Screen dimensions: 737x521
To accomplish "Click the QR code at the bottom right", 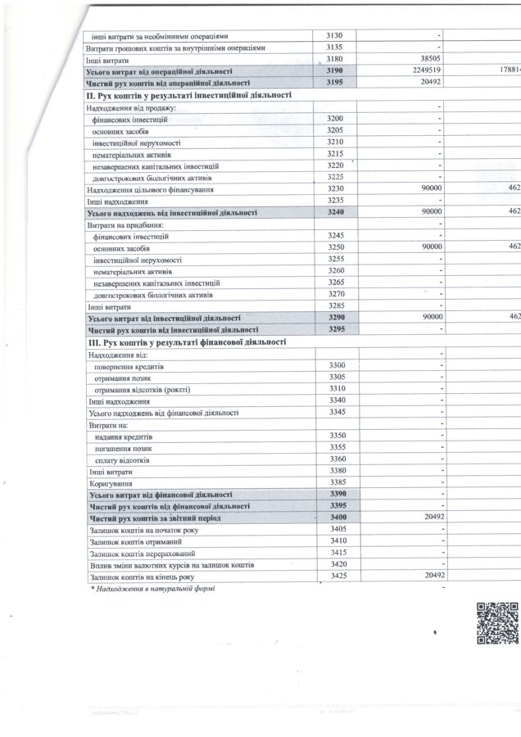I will [x=497, y=624].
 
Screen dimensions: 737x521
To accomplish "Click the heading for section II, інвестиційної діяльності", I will [x=188, y=95].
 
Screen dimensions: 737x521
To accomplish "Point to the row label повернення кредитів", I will [x=129, y=365].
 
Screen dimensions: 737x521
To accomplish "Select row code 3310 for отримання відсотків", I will [x=336, y=388].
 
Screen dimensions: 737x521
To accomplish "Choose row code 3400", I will [x=336, y=518].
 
